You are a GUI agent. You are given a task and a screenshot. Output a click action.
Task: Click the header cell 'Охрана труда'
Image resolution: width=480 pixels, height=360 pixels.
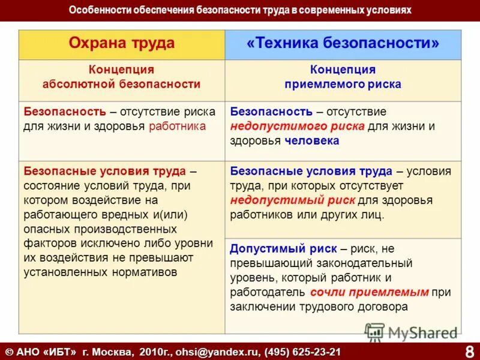[x=122, y=43]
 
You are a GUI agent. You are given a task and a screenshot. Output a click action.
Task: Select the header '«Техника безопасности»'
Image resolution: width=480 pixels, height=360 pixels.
[x=343, y=43]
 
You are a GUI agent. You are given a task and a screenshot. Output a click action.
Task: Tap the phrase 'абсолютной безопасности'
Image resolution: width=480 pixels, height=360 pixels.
[x=122, y=85]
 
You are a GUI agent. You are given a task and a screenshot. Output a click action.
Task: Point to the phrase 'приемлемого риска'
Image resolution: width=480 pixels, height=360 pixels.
[x=343, y=85]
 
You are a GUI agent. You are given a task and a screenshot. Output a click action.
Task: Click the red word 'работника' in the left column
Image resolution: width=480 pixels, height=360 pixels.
[x=177, y=126]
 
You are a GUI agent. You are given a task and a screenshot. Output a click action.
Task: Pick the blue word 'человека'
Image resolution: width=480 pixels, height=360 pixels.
[x=311, y=140]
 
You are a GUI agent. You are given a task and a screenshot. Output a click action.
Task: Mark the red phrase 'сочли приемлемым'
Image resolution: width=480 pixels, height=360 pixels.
[x=370, y=292]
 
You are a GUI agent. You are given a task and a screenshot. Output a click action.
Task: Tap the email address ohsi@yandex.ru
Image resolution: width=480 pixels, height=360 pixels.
[x=223, y=351]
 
